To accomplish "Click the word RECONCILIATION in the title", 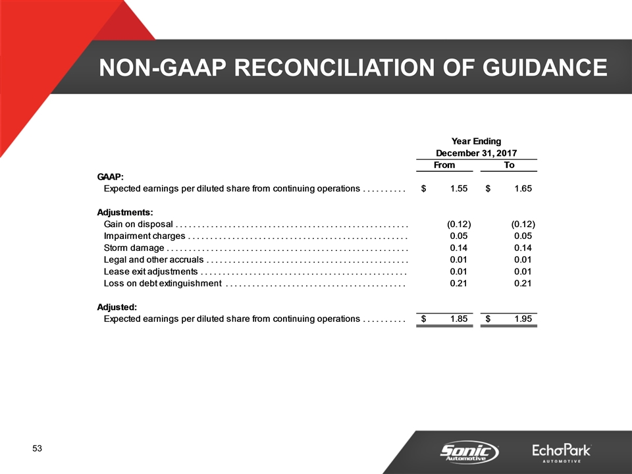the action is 334,67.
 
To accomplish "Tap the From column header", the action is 444,165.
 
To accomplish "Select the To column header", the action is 509,165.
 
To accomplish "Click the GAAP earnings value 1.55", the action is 459,188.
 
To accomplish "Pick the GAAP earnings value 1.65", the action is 523,188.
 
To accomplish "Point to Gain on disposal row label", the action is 138,224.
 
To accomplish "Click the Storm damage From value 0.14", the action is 459,248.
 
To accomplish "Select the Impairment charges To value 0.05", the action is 523,236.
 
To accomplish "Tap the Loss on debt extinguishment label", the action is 163,283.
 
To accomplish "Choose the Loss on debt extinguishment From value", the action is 459,283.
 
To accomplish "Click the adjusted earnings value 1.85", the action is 459,319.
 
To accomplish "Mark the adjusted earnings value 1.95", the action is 523,319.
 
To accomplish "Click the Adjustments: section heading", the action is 125,213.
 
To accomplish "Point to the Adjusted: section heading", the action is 117,307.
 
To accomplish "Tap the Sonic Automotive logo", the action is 469,452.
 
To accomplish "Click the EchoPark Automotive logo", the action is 562,453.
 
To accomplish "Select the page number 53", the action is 37,448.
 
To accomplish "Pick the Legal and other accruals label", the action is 153,259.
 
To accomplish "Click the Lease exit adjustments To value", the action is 523,272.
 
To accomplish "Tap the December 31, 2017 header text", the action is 477,153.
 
